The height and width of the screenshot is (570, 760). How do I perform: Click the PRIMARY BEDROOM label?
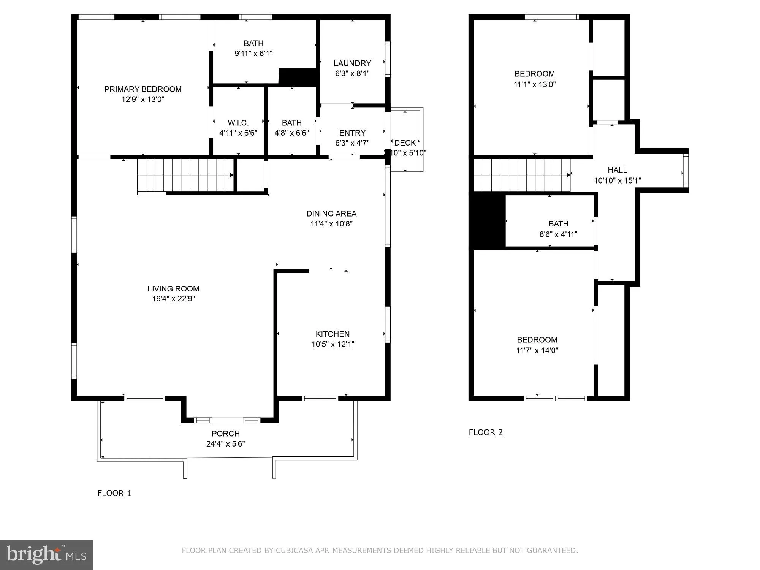143,89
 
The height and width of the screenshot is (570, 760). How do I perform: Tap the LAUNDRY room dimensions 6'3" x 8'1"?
352,73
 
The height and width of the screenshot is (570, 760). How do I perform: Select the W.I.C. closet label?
238,123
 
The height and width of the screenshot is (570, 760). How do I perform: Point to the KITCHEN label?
332,334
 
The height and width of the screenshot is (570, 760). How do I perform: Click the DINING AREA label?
331,214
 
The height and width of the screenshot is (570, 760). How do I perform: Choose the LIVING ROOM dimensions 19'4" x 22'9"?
173,299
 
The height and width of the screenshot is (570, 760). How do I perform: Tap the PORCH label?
225,434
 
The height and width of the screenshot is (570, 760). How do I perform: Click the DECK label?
405,143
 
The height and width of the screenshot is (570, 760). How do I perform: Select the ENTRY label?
352,133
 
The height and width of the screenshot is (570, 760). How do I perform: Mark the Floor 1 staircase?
185,175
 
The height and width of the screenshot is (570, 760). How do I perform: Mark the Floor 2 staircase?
522,175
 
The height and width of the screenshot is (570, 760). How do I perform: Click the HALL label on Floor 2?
617,170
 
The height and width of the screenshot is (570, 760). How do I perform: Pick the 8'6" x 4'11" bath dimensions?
558,234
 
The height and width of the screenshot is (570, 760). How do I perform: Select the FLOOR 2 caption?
486,432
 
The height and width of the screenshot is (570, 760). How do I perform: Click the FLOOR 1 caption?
114,493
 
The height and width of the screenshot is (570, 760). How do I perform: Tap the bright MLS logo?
46,555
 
